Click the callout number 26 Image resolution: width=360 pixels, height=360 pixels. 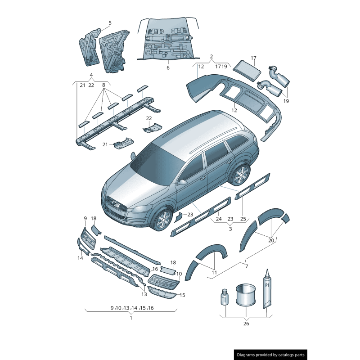[246, 323]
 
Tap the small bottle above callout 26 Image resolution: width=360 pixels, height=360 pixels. [225, 298]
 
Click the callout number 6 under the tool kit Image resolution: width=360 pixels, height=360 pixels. [168, 67]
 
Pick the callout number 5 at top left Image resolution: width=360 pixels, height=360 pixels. [110, 22]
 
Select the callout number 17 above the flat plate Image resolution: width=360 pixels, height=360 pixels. [253, 58]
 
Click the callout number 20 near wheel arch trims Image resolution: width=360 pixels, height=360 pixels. [271, 240]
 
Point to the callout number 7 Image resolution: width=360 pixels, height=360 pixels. [246, 267]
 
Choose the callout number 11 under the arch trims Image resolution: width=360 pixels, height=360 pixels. [214, 273]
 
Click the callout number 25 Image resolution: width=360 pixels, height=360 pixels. [243, 219]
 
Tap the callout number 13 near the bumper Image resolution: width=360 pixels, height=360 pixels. [144, 294]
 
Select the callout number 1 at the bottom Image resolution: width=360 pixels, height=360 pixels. [131, 318]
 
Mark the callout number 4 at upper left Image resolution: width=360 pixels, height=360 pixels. [91, 75]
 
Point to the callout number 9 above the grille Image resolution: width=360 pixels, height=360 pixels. [85, 218]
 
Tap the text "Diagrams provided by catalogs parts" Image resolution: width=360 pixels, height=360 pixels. [271, 355]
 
